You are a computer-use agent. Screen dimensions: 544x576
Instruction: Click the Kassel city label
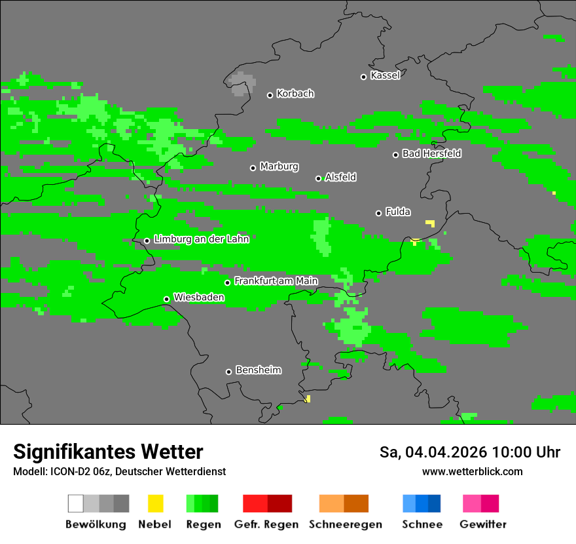(x=385, y=75)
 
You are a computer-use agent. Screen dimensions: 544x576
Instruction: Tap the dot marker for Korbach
(x=270, y=95)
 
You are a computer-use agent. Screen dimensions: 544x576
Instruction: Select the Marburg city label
(x=279, y=166)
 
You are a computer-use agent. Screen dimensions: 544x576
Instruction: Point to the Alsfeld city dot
(x=319, y=178)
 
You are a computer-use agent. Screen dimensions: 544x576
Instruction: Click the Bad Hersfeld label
(x=431, y=153)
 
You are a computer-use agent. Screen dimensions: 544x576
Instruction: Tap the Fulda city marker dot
(x=378, y=213)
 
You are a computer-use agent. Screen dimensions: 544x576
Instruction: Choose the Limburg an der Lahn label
(x=201, y=239)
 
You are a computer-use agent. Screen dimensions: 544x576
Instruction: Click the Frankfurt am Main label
(x=276, y=281)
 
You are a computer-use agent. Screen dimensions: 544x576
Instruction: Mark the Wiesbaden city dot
(x=167, y=299)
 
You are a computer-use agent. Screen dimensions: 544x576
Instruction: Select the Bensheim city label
(x=258, y=370)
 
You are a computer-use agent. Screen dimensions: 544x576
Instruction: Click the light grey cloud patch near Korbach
(x=242, y=83)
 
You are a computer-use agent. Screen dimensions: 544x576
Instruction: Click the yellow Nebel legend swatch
(x=155, y=503)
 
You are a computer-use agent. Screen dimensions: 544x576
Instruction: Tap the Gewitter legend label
(x=482, y=524)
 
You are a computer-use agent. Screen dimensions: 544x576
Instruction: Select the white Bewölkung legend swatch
(x=76, y=503)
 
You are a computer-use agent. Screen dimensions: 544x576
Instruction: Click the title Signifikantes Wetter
(x=108, y=452)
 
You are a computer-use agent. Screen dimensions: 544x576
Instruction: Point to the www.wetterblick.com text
(x=472, y=471)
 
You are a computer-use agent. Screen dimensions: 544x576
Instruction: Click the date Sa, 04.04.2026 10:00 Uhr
(x=469, y=452)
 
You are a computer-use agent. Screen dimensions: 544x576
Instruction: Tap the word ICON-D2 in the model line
(x=70, y=471)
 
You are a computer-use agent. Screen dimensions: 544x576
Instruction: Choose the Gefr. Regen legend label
(x=266, y=524)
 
